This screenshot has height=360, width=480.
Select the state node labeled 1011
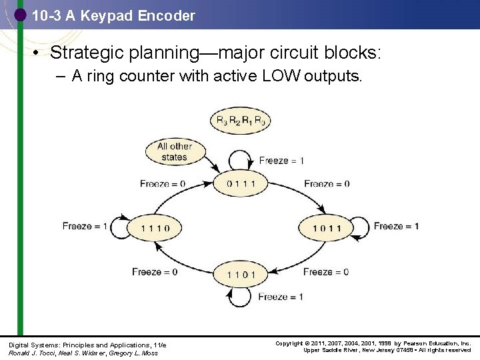tap(325, 228)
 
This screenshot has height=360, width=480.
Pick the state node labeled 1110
tap(155, 228)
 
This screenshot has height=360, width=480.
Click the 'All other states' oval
tap(175, 151)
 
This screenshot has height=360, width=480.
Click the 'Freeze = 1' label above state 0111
tap(281, 161)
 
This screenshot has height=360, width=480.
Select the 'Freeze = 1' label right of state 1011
tap(396, 226)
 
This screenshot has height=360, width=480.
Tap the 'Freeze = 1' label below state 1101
tap(281, 297)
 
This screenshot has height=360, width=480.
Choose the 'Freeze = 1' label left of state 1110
tap(85, 226)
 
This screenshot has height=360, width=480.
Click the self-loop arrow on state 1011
tap(360, 228)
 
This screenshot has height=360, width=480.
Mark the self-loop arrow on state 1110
tap(121, 227)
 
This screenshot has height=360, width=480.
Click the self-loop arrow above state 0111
tap(239, 160)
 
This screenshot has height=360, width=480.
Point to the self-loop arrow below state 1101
tap(239, 297)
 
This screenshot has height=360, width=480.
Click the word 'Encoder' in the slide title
tap(167, 15)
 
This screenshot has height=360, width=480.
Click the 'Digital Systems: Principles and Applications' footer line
tap(87, 344)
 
